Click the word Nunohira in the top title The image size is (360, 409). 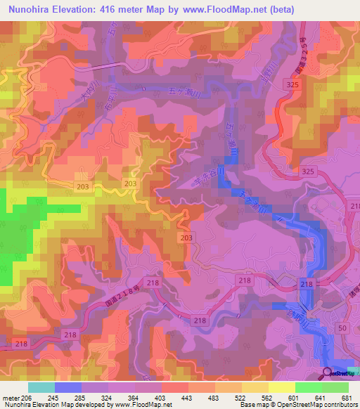click(x=32, y=9)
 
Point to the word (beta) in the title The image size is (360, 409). click(x=282, y=9)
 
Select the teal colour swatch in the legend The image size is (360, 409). click(x=41, y=387)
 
